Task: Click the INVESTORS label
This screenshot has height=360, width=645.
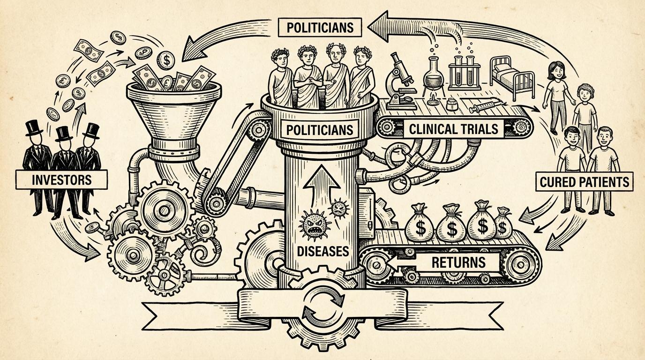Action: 61,179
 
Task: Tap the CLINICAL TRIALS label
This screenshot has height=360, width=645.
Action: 454,128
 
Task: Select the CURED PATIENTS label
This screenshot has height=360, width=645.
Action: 584,181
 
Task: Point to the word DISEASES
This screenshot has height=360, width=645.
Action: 323,251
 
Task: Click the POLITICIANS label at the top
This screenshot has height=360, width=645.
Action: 320,27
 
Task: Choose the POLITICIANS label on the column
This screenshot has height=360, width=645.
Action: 320,128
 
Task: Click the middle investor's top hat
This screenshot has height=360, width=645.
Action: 63,133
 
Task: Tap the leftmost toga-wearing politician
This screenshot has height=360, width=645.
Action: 282,80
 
